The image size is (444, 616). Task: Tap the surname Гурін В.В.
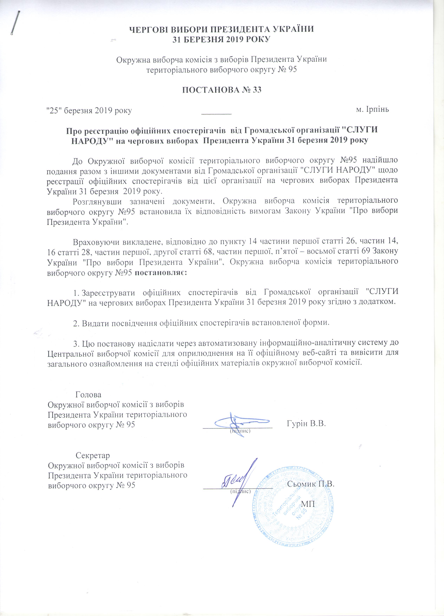(x=306, y=424)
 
